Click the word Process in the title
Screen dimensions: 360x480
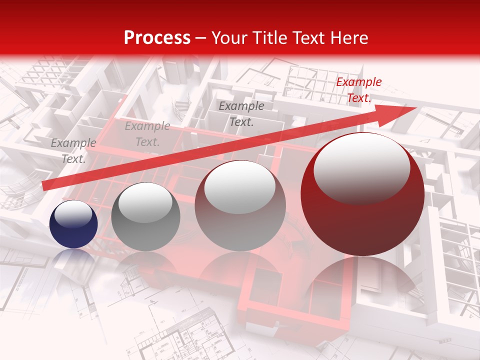[157, 37]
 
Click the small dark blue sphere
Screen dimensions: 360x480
[74, 224]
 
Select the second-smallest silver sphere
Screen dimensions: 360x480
[145, 216]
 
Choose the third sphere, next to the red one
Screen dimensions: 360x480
[240, 206]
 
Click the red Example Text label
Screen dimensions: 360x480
[358, 90]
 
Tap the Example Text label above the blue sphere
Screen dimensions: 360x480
[73, 151]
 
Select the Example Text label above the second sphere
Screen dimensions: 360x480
[147, 134]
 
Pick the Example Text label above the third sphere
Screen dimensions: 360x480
[241, 113]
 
